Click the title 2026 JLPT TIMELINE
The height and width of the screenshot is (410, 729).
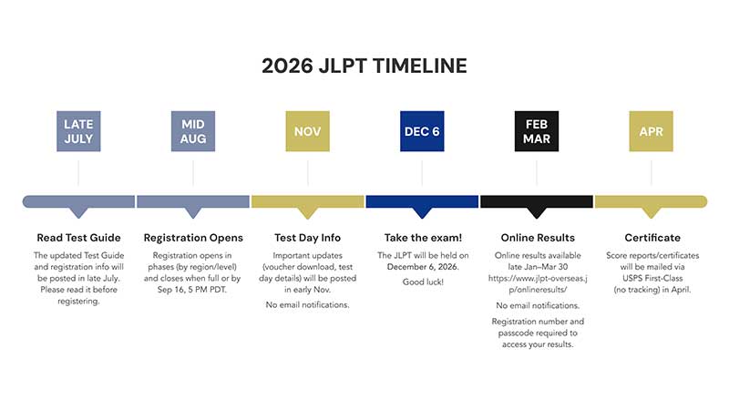[364, 66]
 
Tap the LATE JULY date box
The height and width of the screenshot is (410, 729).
[78, 131]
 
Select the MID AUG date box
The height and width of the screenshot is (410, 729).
[193, 131]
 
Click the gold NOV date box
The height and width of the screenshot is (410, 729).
[307, 131]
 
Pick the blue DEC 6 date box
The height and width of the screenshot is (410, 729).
[422, 131]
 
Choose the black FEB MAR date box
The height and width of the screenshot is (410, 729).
[537, 131]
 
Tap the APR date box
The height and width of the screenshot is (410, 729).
[651, 131]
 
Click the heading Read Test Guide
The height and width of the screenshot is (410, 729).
[78, 238]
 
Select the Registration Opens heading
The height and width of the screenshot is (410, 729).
[193, 238]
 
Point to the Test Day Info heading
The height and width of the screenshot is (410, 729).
[307, 238]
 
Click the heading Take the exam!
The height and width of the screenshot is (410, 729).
[423, 238]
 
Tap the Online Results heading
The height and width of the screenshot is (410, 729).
[538, 238]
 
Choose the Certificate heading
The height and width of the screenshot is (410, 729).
[652, 238]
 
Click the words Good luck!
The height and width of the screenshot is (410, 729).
[423, 282]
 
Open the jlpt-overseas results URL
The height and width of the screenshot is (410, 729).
[538, 284]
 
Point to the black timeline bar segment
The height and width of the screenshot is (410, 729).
[537, 201]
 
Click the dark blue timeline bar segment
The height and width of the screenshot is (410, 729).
[422, 201]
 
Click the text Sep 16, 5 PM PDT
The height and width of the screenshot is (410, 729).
[192, 290]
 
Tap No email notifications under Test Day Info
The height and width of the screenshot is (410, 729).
[307, 305]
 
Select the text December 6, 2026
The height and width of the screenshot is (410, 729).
[423, 267]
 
